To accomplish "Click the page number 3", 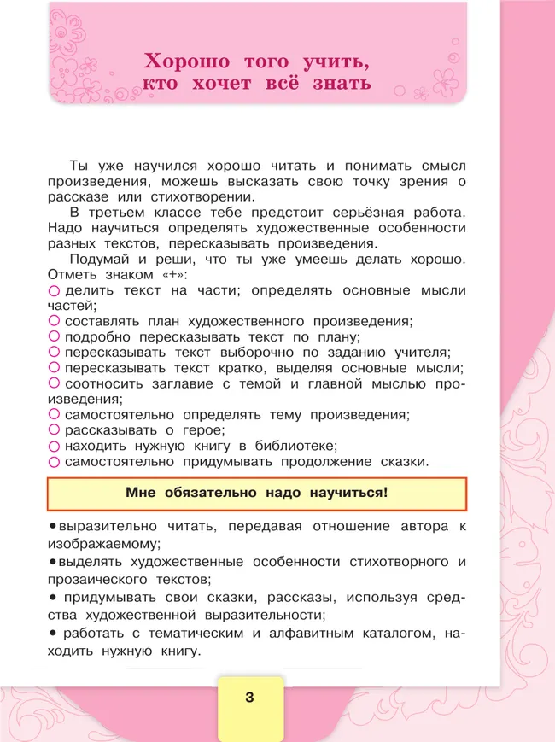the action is [x=249, y=698].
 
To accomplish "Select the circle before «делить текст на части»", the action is [x=54, y=291].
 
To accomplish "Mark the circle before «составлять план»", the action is [x=54, y=321].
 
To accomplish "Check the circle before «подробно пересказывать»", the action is [x=54, y=336].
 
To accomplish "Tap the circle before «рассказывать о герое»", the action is [x=54, y=430].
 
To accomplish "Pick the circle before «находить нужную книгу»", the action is [x=54, y=446].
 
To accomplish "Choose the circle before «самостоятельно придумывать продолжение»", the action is [x=54, y=462].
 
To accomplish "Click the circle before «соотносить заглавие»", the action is [x=54, y=383].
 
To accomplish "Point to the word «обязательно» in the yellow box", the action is [x=201, y=493].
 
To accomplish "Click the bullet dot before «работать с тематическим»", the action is [x=53, y=633].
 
